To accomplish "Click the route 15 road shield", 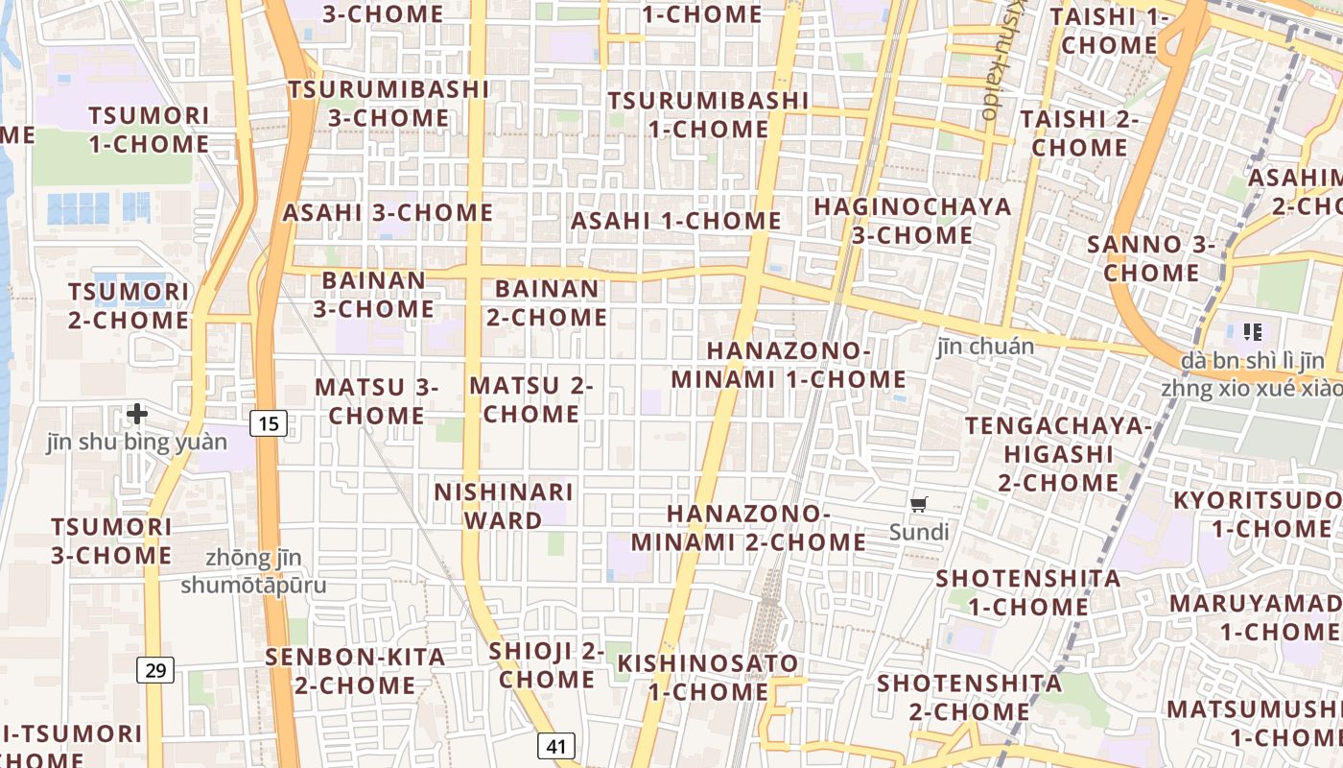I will click(271, 422).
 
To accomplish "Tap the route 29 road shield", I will click(155, 669).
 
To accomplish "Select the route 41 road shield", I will click(555, 746).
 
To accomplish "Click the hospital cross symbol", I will click(137, 414).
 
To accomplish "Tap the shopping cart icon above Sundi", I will click(919, 504).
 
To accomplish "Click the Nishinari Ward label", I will click(504, 506).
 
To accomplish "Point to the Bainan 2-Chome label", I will click(547, 302).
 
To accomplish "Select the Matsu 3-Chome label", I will click(376, 401).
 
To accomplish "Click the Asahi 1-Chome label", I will click(676, 221).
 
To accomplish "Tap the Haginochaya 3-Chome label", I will click(912, 221).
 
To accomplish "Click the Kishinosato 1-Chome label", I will click(708, 677).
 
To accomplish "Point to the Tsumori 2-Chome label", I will click(129, 305).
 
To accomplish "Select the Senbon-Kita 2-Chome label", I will click(356, 671).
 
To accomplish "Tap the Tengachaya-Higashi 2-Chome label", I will click(1058, 454).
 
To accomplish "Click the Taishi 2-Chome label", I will click(1079, 133).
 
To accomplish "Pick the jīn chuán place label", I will click(986, 347).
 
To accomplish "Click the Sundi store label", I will click(919, 532).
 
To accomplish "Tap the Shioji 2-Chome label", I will click(547, 665).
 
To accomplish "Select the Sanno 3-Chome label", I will click(1151, 258).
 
